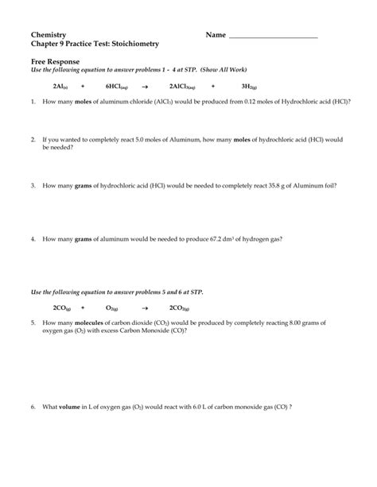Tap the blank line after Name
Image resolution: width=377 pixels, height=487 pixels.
(x=273, y=37)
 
